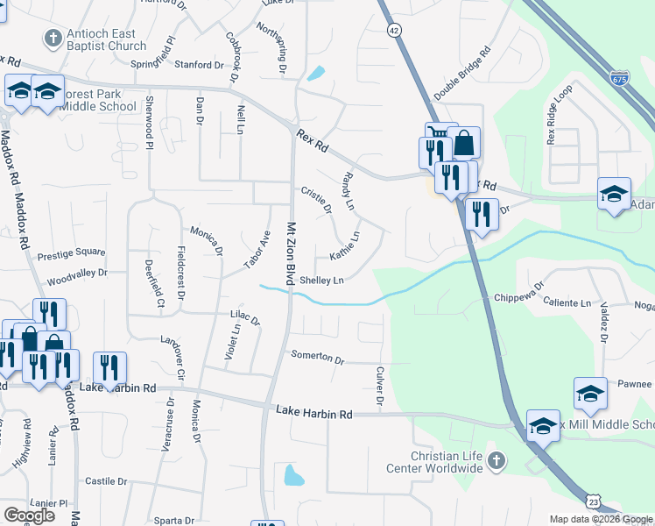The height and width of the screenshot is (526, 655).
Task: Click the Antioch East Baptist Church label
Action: (106, 40)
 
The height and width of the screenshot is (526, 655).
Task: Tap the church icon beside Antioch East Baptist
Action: (52, 39)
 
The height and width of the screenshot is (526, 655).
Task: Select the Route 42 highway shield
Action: (395, 30)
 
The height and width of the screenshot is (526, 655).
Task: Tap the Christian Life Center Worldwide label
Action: (435, 462)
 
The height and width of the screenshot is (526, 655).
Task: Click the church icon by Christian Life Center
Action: (497, 460)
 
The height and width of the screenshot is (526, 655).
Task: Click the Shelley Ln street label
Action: (321, 281)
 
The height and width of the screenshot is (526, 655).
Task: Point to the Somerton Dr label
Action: (318, 359)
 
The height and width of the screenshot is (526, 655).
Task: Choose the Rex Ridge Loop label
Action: (559, 114)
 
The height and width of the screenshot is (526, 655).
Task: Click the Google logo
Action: (29, 515)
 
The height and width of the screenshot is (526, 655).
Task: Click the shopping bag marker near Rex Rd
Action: (463, 143)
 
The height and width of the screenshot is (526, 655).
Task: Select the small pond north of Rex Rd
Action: (316, 74)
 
